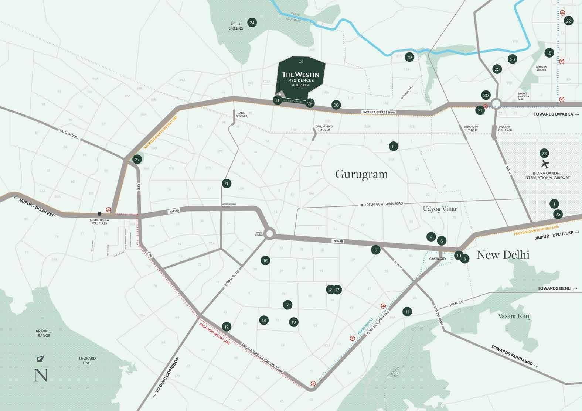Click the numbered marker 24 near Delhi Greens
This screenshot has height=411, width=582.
point(252,23)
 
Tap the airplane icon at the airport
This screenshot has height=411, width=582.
point(545,163)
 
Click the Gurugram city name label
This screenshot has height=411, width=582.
point(361,174)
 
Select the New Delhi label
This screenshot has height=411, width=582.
point(503,255)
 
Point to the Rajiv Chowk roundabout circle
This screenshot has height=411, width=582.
point(269,234)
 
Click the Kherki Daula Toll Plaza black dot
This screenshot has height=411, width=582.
point(99,214)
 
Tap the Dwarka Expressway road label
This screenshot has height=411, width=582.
point(379,112)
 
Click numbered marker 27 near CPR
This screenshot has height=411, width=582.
point(137,160)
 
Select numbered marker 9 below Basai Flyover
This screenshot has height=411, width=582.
point(227,183)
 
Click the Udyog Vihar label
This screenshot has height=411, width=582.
point(440,209)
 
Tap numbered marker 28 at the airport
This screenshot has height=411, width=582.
point(544,153)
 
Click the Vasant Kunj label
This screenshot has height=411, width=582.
point(514,316)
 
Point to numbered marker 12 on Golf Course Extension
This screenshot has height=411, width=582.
point(227,326)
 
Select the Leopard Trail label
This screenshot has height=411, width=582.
point(88,360)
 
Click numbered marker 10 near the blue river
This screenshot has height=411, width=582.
point(409,57)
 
